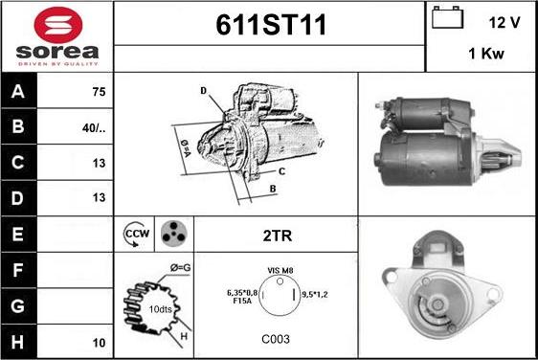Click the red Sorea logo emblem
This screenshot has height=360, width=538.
pos(58,25)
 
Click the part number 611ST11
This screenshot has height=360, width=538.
pos(271,25)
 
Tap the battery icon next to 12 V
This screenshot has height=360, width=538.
pos(447,17)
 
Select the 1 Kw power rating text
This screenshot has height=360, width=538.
pos(486,54)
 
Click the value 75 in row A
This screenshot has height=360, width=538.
pos(99,92)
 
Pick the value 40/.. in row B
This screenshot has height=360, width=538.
pos(94,128)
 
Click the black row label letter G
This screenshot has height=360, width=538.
pos(18,305)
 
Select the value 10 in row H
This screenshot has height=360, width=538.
pos(99,343)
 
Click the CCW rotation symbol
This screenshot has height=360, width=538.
pos(136,235)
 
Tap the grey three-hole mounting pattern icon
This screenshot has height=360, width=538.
pos(173,234)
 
